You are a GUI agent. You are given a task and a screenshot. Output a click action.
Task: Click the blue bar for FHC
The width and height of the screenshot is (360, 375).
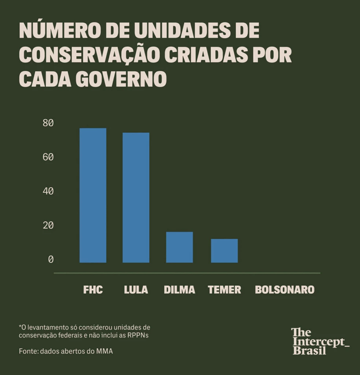point(93,195)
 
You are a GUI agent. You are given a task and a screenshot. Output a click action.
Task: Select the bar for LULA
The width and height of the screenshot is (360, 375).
point(136,197)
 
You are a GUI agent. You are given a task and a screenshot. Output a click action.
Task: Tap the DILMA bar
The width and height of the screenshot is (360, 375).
point(179,247)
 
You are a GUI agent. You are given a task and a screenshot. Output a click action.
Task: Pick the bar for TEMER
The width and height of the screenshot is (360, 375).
point(224,250)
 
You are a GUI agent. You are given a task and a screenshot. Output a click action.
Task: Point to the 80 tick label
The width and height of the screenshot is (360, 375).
point(48,123)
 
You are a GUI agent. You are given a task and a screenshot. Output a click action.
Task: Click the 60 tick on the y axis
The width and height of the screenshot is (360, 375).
point(48,157)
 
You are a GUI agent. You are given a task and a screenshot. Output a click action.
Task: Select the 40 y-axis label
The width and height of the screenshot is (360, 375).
point(48,191)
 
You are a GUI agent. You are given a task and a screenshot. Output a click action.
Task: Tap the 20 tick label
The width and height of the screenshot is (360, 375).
point(48,225)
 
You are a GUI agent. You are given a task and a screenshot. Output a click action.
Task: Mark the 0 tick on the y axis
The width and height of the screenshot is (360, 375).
point(51,259)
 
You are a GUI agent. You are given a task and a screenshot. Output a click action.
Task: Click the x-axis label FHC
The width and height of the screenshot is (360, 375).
point(93,290)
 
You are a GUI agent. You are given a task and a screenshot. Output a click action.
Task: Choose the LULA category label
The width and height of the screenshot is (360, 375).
point(136,290)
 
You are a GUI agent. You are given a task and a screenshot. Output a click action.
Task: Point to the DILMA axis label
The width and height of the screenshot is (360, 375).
point(179,290)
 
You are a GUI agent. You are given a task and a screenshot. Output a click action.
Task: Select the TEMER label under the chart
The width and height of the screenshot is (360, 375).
point(224,290)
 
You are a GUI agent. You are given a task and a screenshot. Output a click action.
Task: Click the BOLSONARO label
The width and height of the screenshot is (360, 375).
point(285,290)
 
